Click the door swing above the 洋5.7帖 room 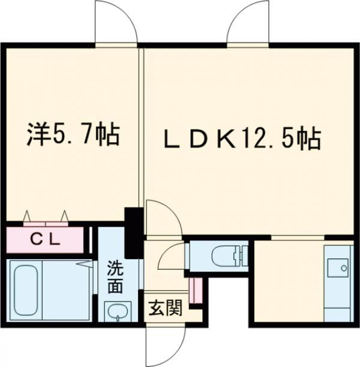pyautogui.click(x=117, y=24)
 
